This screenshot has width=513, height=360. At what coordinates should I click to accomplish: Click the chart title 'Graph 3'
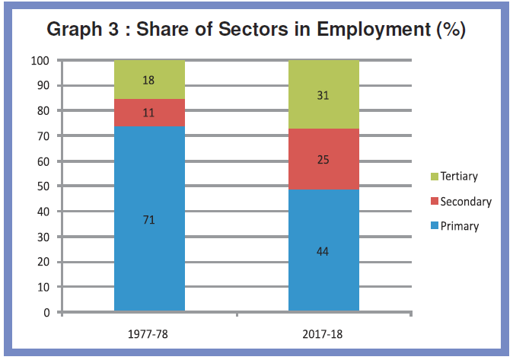tap(82, 30)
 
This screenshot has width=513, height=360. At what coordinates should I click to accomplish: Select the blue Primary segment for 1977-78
tap(149, 218)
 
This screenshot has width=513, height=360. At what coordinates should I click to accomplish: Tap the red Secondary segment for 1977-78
tap(149, 113)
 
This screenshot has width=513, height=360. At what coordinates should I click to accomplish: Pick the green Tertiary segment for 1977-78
tap(149, 79)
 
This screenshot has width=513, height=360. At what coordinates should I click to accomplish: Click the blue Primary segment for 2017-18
tap(323, 250)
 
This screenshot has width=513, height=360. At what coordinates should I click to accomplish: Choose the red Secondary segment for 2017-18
tap(323, 159)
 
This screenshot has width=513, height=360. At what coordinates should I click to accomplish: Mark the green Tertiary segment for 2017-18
tap(323, 94)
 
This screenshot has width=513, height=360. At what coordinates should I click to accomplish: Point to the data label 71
tap(149, 220)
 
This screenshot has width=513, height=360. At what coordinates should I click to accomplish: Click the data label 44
tap(323, 251)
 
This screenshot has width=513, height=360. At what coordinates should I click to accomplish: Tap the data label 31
tap(323, 95)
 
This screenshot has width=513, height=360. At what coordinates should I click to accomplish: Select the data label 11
tap(148, 113)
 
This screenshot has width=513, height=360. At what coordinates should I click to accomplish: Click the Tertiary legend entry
tap(454, 176)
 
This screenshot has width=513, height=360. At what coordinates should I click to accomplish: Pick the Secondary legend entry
tap(461, 201)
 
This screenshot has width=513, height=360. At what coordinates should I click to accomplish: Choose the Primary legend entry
tap(454, 226)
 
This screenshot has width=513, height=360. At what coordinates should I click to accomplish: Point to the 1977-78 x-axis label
tap(148, 334)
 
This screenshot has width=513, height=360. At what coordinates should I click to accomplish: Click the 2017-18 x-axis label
tap(322, 334)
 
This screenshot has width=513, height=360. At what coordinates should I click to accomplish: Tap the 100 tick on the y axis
tap(40, 61)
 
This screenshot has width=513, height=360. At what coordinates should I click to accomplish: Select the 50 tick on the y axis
tap(43, 186)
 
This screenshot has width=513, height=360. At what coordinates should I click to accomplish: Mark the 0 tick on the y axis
tap(46, 313)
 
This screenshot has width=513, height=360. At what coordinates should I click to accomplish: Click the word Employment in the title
tap(374, 30)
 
